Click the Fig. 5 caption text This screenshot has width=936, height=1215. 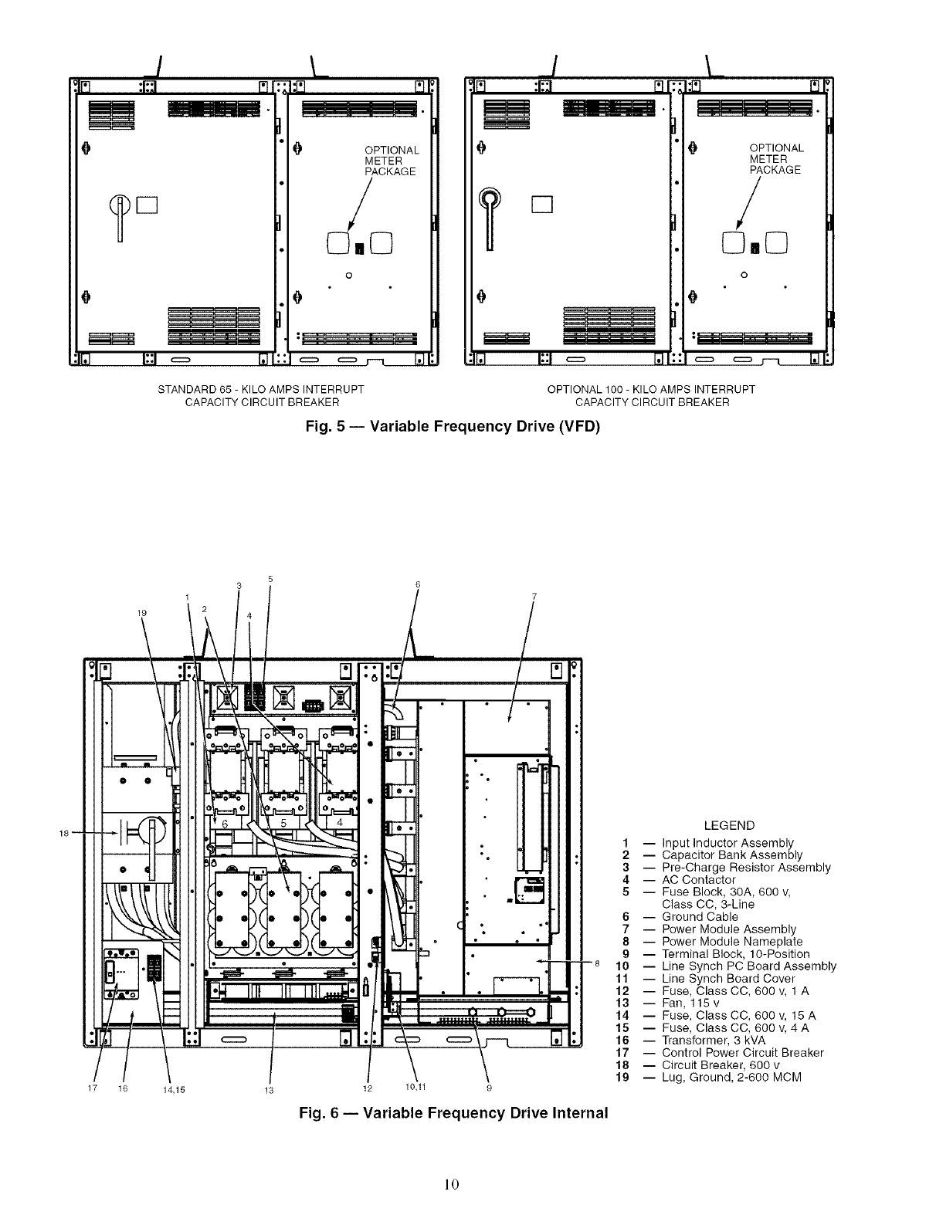point(453,427)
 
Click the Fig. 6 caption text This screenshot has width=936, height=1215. point(453,1112)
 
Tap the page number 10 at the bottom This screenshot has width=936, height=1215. point(452,1183)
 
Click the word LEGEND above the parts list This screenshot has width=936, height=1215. point(729,825)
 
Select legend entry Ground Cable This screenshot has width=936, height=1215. point(700,916)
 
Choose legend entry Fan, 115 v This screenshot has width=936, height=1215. point(690,1003)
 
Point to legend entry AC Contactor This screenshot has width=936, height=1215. point(698,879)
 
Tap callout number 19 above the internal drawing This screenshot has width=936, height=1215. point(142,613)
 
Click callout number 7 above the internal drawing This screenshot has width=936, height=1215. point(534,596)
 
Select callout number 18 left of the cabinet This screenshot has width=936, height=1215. point(64,833)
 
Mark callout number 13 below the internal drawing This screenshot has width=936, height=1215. point(269,1090)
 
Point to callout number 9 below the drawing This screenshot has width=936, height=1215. point(490,1088)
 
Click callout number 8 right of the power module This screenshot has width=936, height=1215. point(597,963)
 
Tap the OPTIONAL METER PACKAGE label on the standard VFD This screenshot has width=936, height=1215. point(392,161)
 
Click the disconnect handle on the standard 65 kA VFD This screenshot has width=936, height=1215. point(120,218)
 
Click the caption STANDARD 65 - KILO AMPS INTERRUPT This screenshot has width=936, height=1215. point(260,389)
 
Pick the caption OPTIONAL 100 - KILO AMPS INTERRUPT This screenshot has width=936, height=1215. point(651,389)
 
